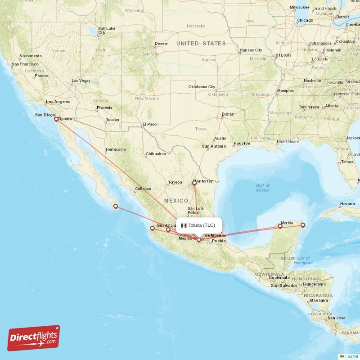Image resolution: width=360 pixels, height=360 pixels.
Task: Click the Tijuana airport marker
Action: [56, 119]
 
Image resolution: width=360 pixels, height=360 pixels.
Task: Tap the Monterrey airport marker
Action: [194, 183]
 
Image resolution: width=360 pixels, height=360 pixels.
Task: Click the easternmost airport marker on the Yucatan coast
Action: [303, 225]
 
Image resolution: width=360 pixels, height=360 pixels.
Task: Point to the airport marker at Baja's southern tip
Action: [116, 207]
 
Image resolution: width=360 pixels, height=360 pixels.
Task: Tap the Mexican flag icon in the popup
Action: [184, 225]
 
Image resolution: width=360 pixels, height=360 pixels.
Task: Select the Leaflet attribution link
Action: [351, 356]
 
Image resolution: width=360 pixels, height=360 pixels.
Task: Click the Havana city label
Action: [347, 204]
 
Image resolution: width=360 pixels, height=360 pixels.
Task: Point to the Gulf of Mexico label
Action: [262, 188]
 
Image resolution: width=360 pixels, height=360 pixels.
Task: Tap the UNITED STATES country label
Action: [201, 44]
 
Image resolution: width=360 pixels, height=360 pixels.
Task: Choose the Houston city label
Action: [242, 144]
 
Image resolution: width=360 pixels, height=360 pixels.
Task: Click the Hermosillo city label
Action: [116, 149]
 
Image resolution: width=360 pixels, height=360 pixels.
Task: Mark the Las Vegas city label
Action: [81, 81]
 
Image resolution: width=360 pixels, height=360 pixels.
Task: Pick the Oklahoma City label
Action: [202, 87]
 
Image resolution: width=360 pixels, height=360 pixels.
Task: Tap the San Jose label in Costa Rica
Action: [337, 318]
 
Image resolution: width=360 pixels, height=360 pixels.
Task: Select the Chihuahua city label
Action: [156, 154]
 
